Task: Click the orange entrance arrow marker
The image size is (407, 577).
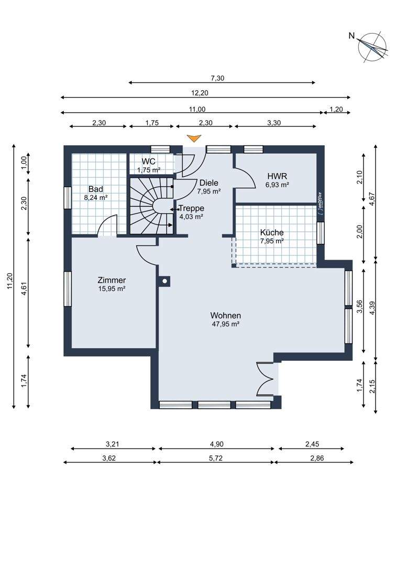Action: pos(194,138)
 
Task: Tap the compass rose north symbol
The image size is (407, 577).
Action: pos(373,47)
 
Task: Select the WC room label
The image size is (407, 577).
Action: pos(148,162)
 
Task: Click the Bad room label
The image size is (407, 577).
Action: pos(96,189)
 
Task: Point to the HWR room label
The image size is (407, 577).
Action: pos(277,176)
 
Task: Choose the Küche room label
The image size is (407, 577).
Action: pos(272,232)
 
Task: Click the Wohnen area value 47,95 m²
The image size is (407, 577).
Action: pos(226,324)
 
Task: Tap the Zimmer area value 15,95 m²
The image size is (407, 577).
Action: pos(112,289)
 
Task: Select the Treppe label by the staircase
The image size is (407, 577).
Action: pos(191,208)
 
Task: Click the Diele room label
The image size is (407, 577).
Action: pos(208,183)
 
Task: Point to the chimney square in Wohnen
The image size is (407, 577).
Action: pos(165,281)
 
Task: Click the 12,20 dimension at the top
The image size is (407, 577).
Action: pos(200,93)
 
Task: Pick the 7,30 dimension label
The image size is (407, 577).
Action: pos(217,78)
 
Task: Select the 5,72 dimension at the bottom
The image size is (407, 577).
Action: pos(216,458)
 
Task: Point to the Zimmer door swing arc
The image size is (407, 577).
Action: pos(147,254)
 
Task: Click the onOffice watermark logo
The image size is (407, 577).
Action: pos(320,203)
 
